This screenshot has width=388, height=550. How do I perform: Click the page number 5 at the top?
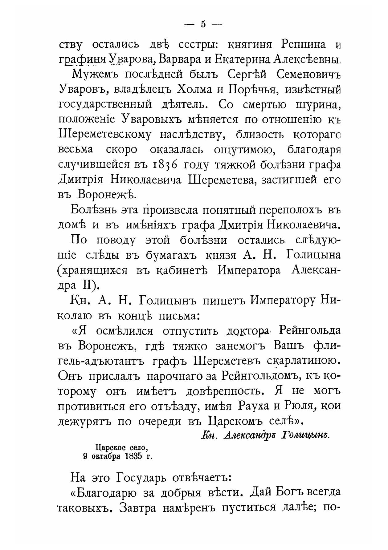pos(203,24)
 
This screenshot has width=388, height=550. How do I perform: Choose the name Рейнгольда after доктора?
pos(309,331)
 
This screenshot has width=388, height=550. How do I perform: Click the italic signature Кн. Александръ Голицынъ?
pos(265,435)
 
